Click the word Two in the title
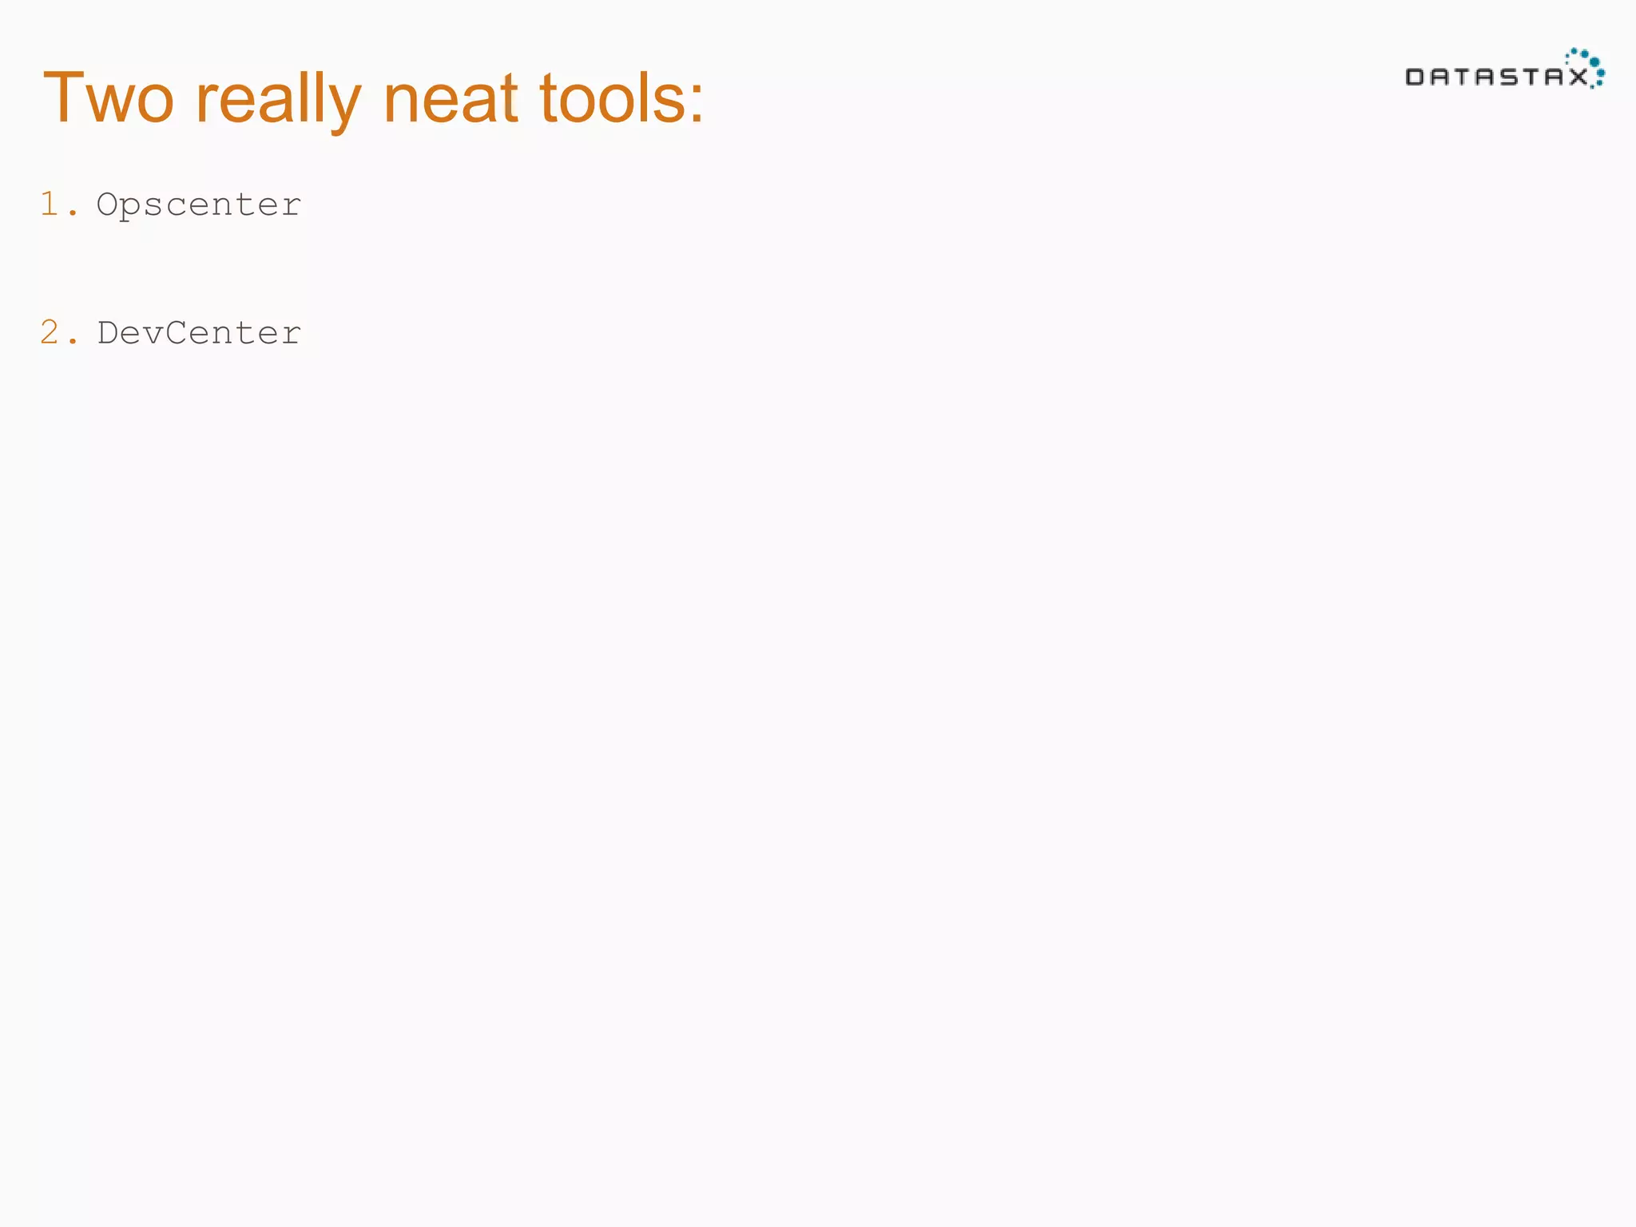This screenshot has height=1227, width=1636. point(109,98)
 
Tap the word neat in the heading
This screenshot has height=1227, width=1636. point(451,98)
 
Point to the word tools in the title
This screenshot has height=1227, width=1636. point(612,98)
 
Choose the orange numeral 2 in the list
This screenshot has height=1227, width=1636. point(50,332)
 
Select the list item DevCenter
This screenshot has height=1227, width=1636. point(199,332)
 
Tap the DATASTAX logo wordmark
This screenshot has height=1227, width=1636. point(1496,77)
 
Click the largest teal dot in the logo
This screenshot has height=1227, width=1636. point(1594,62)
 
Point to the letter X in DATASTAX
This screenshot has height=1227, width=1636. point(1578,77)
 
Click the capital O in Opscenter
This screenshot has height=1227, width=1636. point(108,204)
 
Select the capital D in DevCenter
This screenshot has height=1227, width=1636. point(108,332)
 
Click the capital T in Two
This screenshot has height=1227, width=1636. point(64,97)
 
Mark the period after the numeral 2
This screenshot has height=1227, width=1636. point(73,342)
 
